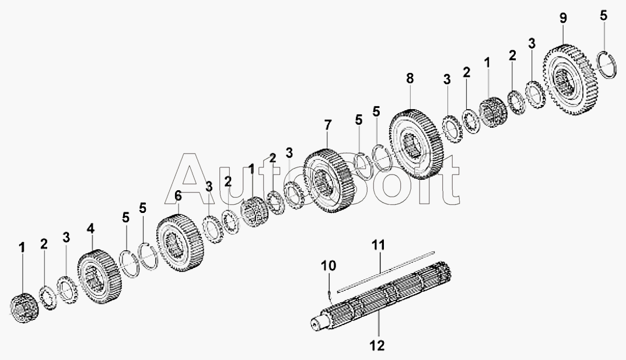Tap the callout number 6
click(178, 197)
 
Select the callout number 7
click(327, 125)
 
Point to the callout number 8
click(410, 78)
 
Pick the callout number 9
click(562, 18)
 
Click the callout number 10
click(330, 267)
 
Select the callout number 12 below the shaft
click(377, 346)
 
